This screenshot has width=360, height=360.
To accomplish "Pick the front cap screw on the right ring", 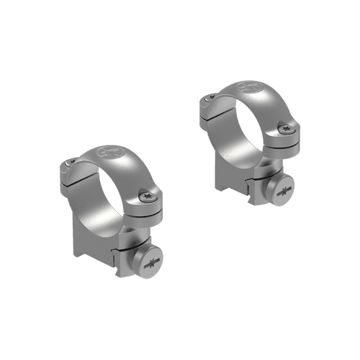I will point(289,129).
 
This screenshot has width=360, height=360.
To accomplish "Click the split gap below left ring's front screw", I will point(148,210).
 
